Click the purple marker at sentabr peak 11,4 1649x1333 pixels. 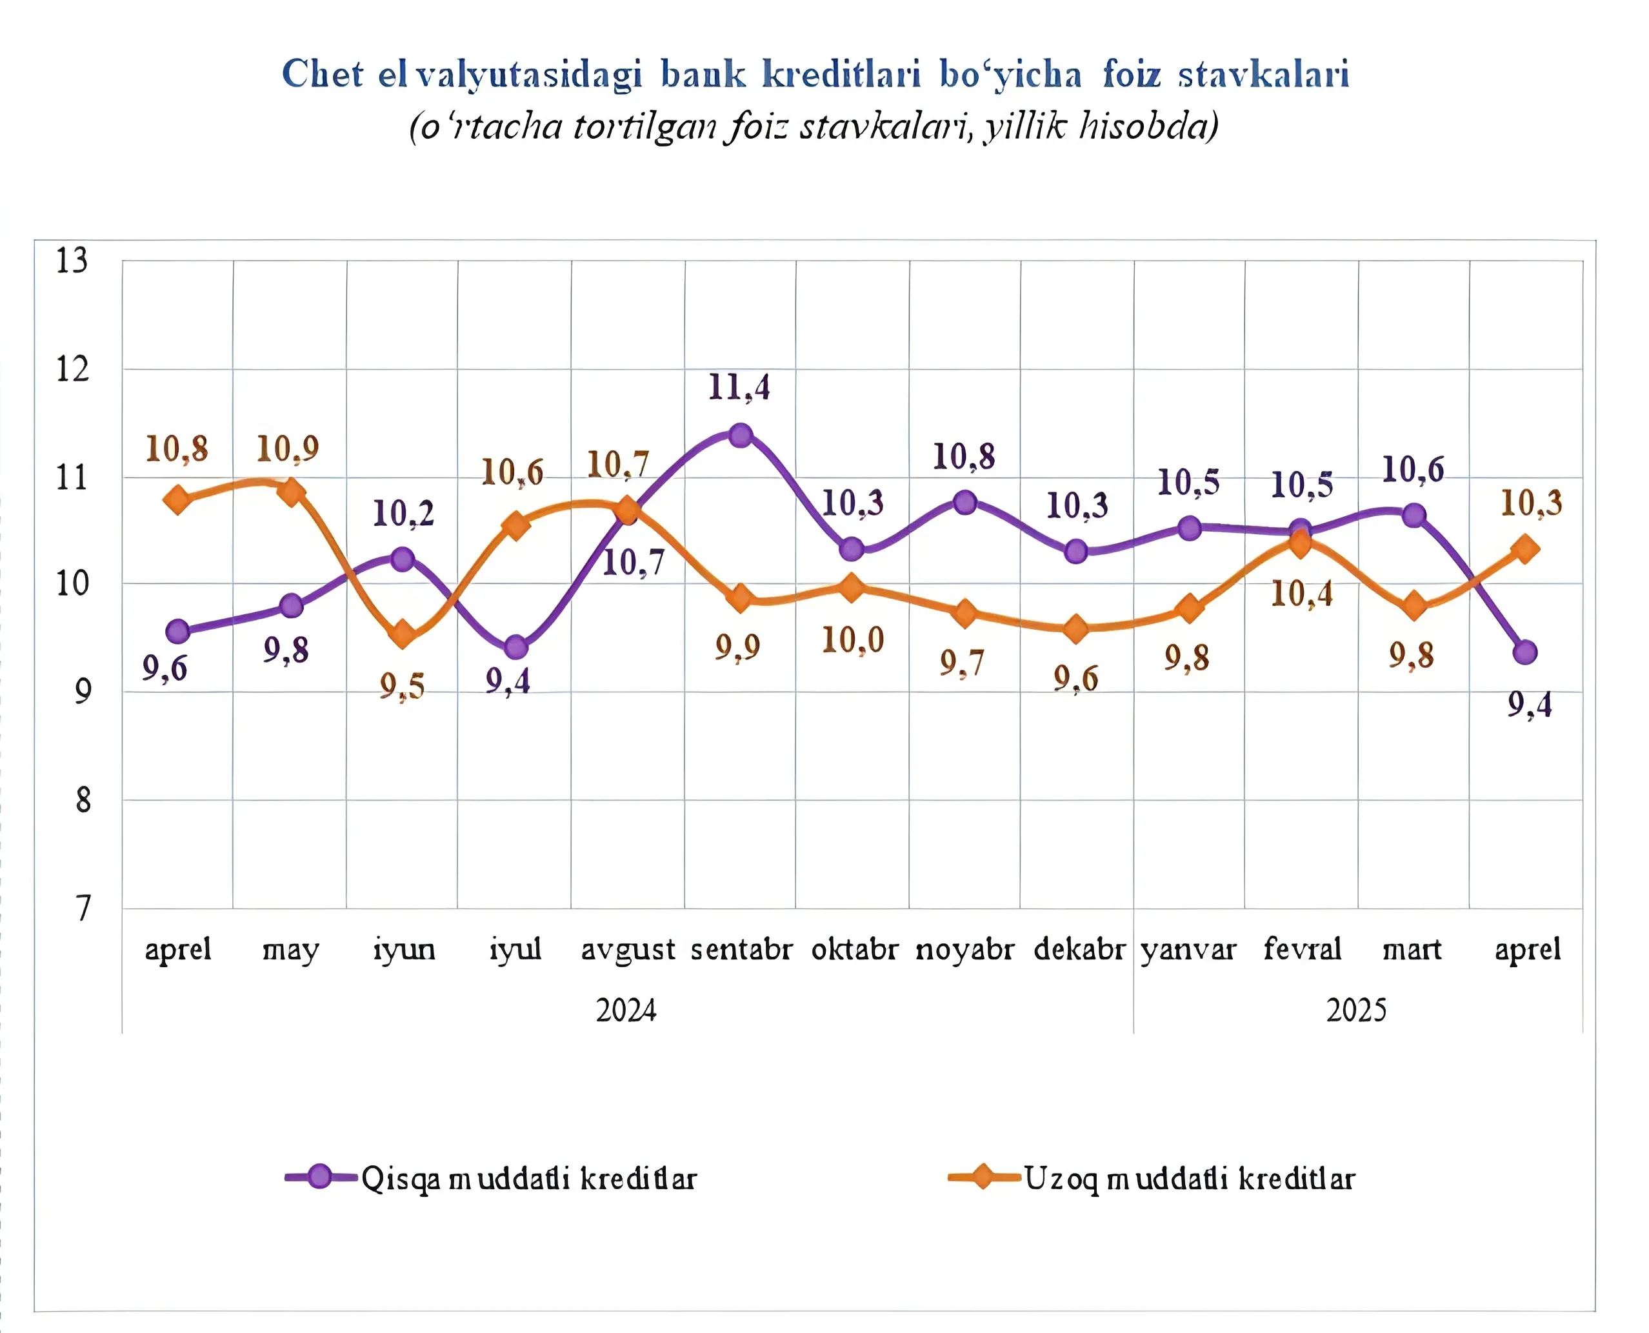click(740, 436)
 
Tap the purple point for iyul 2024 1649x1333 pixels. click(517, 647)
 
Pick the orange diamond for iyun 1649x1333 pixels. click(403, 635)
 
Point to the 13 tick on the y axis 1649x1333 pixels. click(72, 261)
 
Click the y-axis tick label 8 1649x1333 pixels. click(82, 801)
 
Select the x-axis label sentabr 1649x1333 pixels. click(741, 950)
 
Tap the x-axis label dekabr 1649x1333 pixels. click(1079, 950)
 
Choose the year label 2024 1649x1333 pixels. click(626, 1010)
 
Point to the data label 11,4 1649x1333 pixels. click(739, 388)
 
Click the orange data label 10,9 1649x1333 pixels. click(288, 449)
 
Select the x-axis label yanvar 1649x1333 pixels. click(1188, 950)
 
